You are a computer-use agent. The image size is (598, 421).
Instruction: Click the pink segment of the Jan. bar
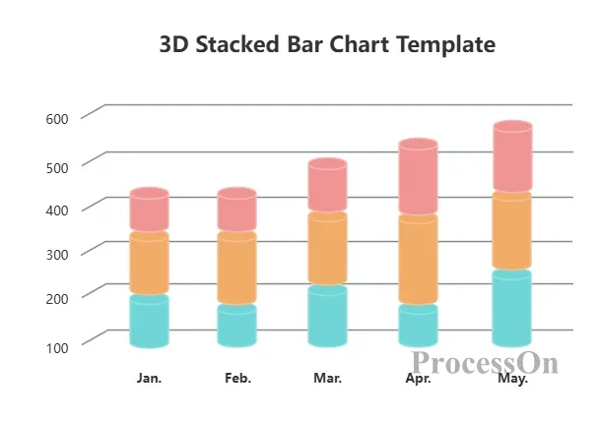point(150,210)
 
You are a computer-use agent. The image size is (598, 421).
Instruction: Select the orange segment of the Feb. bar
point(236,268)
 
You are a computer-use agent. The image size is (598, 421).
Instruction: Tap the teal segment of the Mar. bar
point(328,316)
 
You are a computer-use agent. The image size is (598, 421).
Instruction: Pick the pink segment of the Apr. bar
point(418,177)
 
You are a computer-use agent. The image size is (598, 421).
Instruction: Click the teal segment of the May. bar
point(512,309)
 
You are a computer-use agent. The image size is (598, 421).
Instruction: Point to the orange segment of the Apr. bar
point(418,260)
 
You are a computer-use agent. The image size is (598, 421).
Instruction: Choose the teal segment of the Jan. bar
point(150,322)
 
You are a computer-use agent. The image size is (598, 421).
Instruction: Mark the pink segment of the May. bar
point(512,156)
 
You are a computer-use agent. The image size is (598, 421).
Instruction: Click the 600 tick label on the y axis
point(57,119)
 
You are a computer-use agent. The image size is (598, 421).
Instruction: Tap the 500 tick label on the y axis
point(57,168)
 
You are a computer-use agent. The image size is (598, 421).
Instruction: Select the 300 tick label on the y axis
point(57,255)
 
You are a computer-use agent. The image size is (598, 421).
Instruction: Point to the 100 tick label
point(57,347)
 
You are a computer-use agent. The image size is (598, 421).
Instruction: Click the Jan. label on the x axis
point(149,378)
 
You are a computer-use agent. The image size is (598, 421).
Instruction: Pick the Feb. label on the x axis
point(238,378)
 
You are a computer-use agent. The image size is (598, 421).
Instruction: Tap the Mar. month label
point(328,378)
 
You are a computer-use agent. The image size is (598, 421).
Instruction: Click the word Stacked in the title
point(237,44)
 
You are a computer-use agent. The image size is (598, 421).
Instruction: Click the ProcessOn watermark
point(485,362)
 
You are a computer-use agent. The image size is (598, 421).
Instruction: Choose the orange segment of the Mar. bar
point(328,248)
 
